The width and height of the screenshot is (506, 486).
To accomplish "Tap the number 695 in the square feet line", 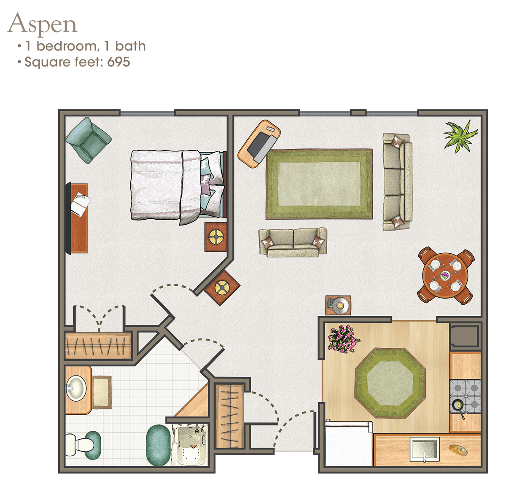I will [x=118, y=62].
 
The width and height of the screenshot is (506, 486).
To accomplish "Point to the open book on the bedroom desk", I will [x=80, y=203].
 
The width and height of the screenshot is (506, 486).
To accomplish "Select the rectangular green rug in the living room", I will [x=319, y=184].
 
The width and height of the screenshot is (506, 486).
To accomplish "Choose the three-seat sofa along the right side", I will [x=397, y=182].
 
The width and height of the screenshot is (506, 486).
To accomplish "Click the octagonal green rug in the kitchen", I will [x=390, y=383].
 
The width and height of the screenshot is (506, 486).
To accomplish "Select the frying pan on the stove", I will [x=458, y=406].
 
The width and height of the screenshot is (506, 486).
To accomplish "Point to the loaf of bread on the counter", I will [x=458, y=450].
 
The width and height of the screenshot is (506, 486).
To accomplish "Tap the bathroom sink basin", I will [x=75, y=388].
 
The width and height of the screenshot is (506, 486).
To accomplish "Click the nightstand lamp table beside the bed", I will [x=215, y=237].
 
